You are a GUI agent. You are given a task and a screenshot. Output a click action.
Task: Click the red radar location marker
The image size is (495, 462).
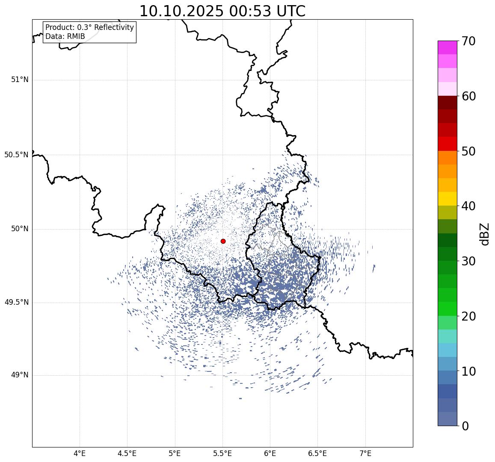[223, 241]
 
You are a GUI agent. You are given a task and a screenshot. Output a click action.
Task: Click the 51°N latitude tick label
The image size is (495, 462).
[20, 79]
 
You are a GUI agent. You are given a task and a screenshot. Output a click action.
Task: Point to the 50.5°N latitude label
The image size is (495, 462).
[16, 155]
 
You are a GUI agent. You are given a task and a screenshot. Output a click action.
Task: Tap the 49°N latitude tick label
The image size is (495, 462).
[20, 375]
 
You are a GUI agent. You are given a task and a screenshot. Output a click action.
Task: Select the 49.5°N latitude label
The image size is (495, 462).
[16, 303]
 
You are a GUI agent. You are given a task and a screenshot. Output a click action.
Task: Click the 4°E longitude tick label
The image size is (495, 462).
[80, 453]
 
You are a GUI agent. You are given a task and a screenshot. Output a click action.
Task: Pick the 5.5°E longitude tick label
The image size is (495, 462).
[222, 453]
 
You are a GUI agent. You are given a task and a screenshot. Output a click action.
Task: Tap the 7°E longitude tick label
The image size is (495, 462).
[365, 453]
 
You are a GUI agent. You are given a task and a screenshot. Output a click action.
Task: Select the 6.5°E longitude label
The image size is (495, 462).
[317, 453]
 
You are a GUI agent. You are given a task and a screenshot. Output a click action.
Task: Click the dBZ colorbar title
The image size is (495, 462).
[484, 234]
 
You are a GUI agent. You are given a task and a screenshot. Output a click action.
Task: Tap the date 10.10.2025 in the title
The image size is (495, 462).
[181, 12]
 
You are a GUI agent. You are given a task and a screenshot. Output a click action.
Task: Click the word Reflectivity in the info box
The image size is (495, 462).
[112, 28]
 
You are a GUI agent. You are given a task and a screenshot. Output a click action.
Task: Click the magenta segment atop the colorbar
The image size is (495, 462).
[447, 47]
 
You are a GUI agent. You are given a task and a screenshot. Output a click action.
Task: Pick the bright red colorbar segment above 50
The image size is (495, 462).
[447, 144]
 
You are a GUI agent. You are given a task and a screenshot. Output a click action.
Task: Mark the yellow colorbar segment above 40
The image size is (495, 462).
[447, 199]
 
